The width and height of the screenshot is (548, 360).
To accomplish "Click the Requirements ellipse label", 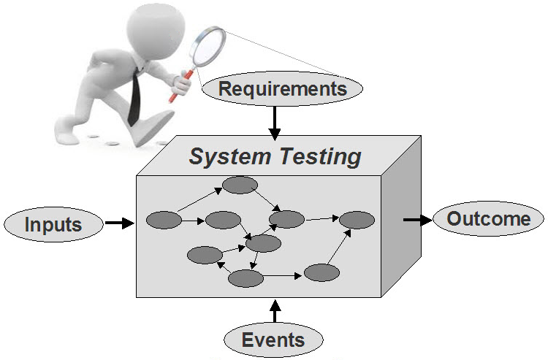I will [x=282, y=90].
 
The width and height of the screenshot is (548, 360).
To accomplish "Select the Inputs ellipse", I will [x=53, y=223].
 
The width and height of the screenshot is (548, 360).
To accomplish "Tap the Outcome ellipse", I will [x=489, y=219].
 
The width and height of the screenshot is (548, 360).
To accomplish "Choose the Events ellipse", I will [x=273, y=340].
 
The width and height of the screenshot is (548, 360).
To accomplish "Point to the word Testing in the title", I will [x=321, y=156].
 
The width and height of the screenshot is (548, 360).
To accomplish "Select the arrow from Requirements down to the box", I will [x=274, y=122].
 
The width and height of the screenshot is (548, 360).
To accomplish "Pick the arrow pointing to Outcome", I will [x=416, y=220].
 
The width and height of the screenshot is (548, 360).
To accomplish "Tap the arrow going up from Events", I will [x=274, y=311].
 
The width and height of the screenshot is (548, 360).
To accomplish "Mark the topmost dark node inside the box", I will [x=240, y=185].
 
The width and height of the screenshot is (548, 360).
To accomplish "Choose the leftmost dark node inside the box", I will [x=164, y=219].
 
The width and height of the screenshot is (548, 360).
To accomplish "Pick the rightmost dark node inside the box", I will [x=357, y=219].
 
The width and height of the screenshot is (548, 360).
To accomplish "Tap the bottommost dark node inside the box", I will [x=246, y=277].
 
